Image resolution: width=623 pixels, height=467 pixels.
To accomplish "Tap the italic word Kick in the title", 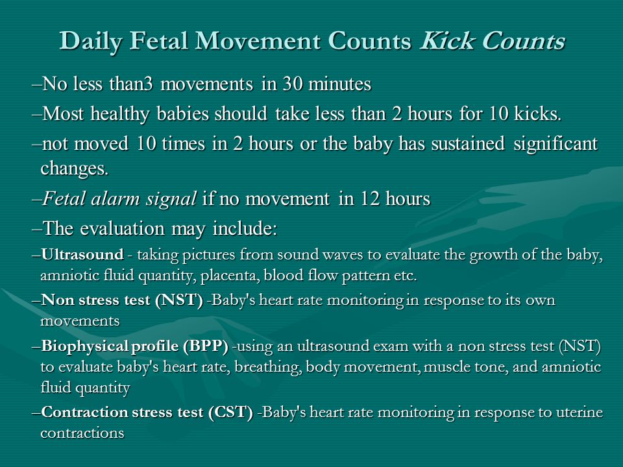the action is [x=447, y=40].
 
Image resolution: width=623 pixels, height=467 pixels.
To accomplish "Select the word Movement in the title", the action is [x=258, y=40].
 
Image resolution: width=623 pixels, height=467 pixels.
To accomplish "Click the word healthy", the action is [x=119, y=114].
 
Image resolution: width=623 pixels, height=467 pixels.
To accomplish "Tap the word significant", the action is [x=556, y=144].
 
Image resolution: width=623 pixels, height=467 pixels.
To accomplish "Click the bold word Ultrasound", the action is [x=82, y=254].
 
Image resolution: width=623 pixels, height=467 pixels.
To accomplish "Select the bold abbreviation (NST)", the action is [x=179, y=300].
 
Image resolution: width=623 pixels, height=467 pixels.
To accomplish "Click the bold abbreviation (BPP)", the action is [x=206, y=346].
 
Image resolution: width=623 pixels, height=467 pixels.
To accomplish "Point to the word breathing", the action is [x=267, y=367].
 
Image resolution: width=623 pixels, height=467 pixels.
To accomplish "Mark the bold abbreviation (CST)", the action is [x=230, y=412].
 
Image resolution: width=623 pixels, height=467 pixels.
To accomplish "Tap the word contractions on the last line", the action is [x=82, y=433].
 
